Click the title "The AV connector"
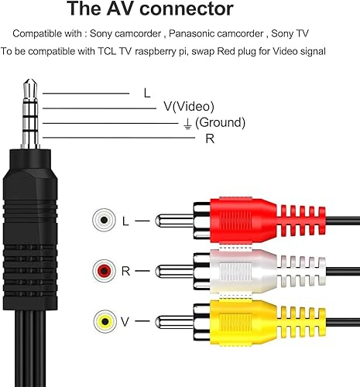pyautogui.click(x=150, y=10)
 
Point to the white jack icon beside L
pyautogui.click(x=101, y=221)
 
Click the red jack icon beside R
pyautogui.click(x=101, y=271)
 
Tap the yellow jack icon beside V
pyautogui.click(x=101, y=320)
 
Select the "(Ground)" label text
pyautogui.click(x=220, y=122)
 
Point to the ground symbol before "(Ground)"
pyautogui.click(x=187, y=123)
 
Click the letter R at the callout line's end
pyautogui.click(x=209, y=139)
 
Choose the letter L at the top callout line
pyautogui.click(x=147, y=93)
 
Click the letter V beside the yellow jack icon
pyautogui.click(x=125, y=320)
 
